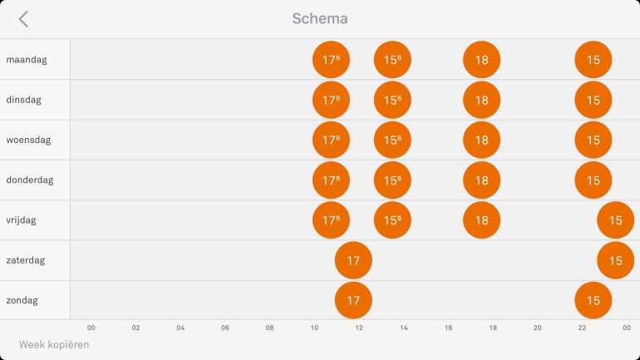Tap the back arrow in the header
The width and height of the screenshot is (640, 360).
click(23, 19)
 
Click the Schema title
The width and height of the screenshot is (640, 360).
click(320, 18)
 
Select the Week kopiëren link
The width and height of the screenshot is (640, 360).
click(54, 344)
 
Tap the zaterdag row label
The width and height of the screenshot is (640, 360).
click(26, 260)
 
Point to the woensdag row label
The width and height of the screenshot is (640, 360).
click(28, 140)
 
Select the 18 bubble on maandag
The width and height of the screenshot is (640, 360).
click(482, 60)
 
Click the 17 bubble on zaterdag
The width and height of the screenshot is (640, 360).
click(353, 261)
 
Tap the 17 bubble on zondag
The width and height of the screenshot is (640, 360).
click(353, 301)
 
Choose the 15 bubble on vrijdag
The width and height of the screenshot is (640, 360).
click(615, 220)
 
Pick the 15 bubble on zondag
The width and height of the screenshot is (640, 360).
click(593, 301)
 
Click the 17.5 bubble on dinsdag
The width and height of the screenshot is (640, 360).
click(331, 100)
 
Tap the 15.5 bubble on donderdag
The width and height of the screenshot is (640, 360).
click(392, 180)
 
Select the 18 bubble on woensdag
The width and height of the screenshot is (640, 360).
click(482, 140)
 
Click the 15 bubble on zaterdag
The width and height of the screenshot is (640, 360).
click(615, 261)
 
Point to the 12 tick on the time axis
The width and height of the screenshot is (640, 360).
click(359, 328)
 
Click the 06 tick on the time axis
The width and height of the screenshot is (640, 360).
click(225, 328)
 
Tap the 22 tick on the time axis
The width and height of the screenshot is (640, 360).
click(582, 328)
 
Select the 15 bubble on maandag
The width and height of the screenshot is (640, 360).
click(593, 60)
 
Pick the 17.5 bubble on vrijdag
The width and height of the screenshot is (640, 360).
click(331, 220)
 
